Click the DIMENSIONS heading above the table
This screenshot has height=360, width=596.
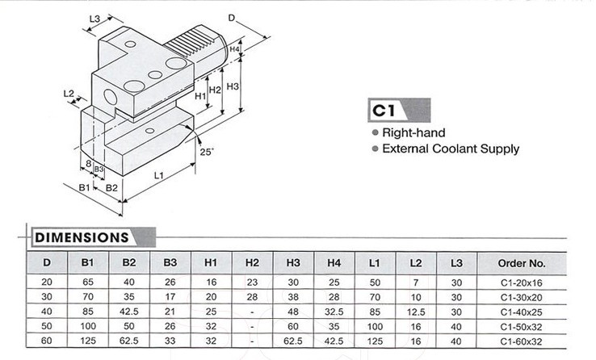79,237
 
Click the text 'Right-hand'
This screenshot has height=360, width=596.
413,132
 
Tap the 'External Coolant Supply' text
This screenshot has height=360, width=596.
450,149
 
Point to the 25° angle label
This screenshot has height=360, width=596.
206,152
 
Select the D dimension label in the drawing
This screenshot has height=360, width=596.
232,17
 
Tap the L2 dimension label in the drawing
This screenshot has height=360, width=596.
69,93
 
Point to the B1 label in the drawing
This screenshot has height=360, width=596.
83,187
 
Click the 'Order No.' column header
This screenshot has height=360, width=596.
523,263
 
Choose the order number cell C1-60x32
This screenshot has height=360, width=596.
523,342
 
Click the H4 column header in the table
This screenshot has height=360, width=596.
334,263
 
